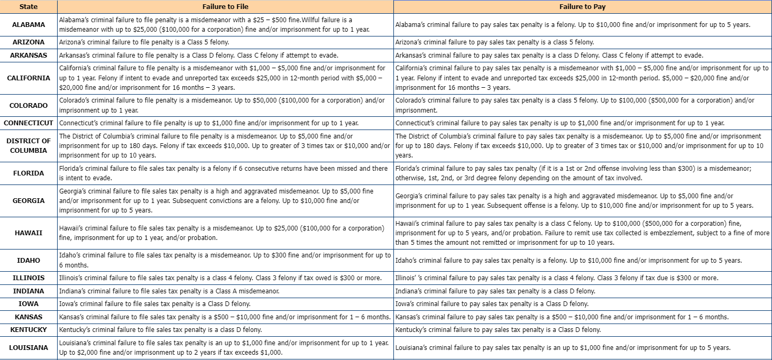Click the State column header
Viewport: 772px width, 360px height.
pos(28,7)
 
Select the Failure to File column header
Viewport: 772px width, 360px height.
pos(225,7)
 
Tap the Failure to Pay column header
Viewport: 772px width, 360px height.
pos(582,7)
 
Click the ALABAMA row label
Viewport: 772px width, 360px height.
pos(29,24)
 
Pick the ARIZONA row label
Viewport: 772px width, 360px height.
pos(29,42)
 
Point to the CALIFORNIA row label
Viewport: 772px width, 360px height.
pos(29,78)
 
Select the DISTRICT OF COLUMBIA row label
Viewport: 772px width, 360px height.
pos(29,145)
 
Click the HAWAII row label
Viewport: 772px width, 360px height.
pos(29,233)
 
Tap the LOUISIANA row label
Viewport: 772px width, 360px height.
pos(29,347)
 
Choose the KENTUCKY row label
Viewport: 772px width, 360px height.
pos(29,329)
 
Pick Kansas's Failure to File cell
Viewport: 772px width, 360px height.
pos(225,317)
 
